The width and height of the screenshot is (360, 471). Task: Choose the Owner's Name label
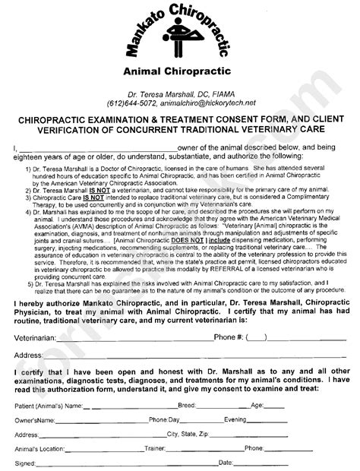point(36,419)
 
